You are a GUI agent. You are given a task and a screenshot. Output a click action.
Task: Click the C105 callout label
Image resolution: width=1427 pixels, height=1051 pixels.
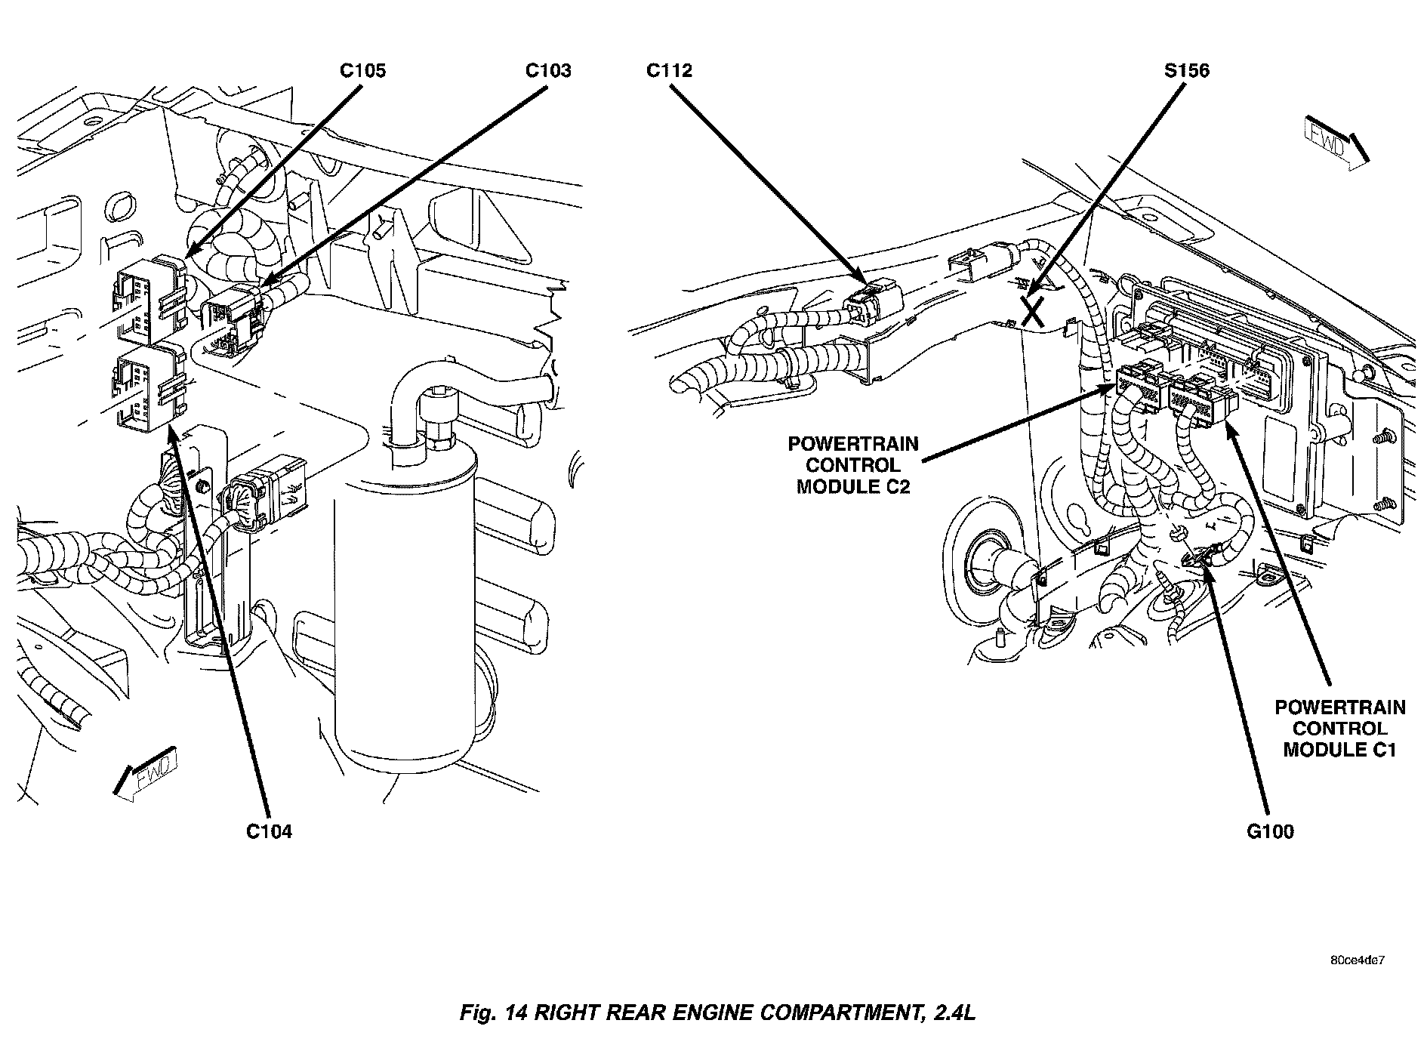[362, 71]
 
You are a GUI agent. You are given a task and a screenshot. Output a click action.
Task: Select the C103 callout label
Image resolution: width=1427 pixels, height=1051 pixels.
[548, 71]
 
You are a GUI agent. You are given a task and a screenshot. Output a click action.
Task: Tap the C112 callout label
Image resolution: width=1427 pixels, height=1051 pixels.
[669, 71]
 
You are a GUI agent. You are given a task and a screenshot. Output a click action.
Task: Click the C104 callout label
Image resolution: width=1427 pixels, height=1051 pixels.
[269, 831]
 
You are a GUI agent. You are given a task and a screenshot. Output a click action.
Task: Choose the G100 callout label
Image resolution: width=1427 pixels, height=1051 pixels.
[1270, 831]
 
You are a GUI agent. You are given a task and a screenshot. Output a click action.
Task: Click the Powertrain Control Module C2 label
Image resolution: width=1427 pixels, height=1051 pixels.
[853, 465]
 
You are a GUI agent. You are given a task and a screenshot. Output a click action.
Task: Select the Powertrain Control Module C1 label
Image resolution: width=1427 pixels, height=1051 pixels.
[1339, 729]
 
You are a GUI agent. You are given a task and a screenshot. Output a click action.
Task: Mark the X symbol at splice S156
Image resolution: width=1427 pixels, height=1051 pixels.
[1034, 310]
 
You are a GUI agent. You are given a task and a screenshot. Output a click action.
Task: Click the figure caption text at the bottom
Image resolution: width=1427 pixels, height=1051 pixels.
[717, 1012]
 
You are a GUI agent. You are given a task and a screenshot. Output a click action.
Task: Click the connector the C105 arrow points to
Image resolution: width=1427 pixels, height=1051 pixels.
[149, 298]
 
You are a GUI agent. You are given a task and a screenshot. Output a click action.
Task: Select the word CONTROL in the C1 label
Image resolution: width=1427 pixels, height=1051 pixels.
[1339, 729]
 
